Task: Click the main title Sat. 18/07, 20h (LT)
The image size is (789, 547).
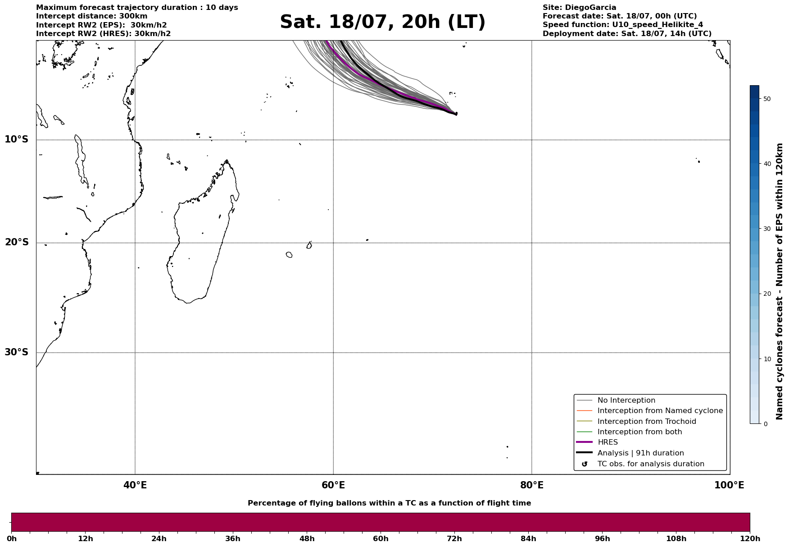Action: (382, 22)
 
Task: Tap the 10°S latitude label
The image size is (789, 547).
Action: (16, 139)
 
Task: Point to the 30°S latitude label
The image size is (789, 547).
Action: (16, 352)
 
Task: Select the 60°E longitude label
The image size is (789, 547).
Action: (333, 485)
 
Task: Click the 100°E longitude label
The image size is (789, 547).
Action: (729, 485)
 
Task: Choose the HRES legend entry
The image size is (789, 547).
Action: (608, 442)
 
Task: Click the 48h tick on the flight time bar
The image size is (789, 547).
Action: (307, 538)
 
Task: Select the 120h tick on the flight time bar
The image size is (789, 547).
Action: (750, 538)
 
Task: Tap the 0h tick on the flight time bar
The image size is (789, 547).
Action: (11, 538)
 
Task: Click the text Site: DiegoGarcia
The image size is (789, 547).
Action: (579, 8)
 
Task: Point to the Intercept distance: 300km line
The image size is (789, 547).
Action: (91, 16)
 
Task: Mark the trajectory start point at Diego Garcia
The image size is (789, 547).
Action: (456, 114)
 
